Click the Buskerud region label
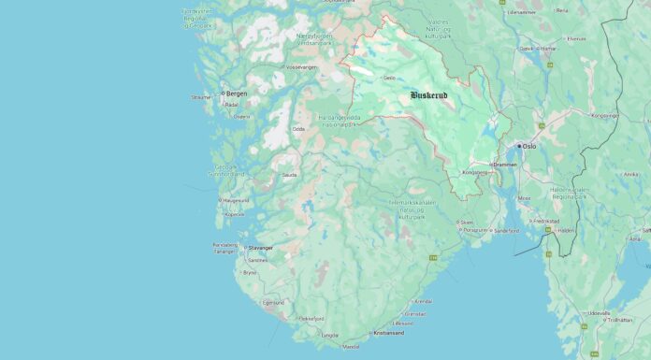(435, 95)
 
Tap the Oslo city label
(529, 146)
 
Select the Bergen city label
(237, 94)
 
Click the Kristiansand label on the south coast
(388, 333)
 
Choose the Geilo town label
(389, 79)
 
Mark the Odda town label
(298, 129)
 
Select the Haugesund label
(235, 200)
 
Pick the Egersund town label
(272, 303)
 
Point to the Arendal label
(423, 302)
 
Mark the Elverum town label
(576, 38)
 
